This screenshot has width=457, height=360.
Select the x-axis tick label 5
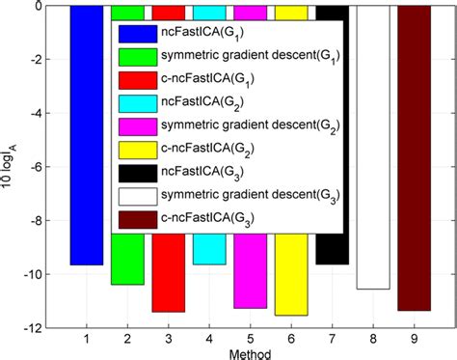tap(250, 339)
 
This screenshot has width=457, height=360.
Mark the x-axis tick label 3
tap(168, 339)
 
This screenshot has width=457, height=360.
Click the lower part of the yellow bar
tap(291, 290)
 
